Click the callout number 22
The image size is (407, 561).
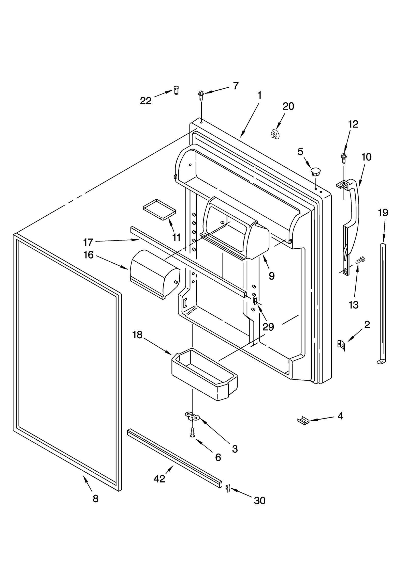pos(146,101)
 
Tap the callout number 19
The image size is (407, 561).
pos(383,213)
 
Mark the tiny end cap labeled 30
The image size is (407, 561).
pos(228,488)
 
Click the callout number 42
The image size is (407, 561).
pos(159,479)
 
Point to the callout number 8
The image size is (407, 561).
pos(95,499)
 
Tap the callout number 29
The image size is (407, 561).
pos(268,327)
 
